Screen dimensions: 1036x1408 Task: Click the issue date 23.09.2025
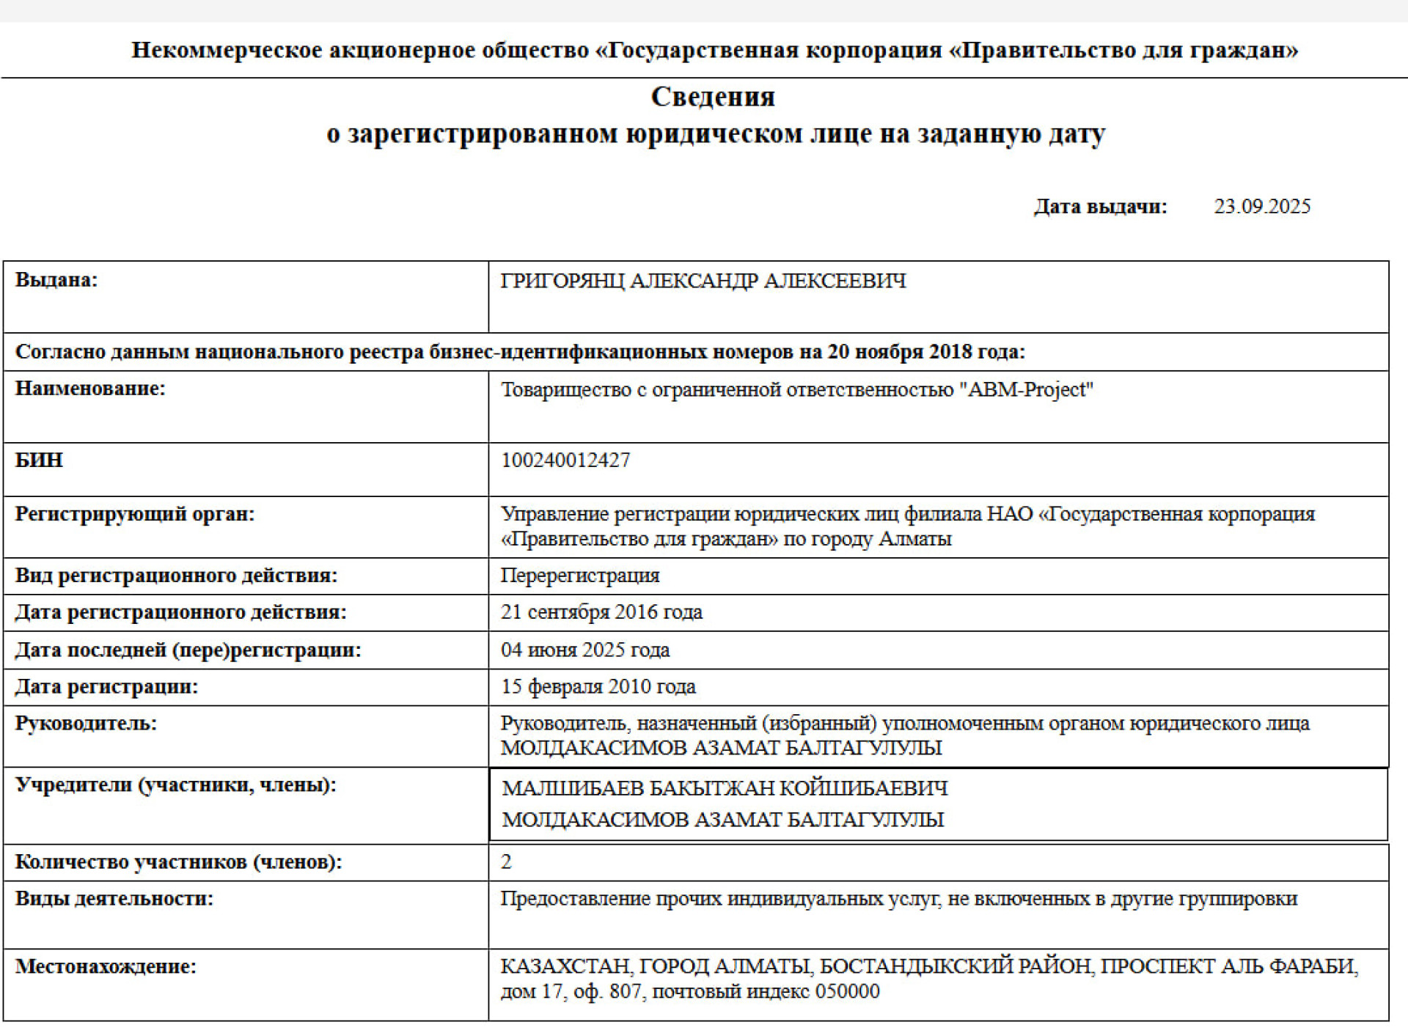pyautogui.click(x=1261, y=206)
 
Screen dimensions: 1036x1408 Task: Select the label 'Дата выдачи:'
pyautogui.click(x=1100, y=206)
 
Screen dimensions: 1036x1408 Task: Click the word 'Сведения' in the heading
pyautogui.click(x=713, y=96)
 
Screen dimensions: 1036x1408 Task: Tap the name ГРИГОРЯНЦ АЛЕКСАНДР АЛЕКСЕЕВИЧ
pyautogui.click(x=703, y=281)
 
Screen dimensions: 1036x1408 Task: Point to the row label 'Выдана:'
pyautogui.click(x=56, y=279)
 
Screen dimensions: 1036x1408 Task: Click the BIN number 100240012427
pyautogui.click(x=565, y=460)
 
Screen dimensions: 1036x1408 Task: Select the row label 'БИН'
pyautogui.click(x=39, y=460)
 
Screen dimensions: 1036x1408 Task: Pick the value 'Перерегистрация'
pyautogui.click(x=580, y=576)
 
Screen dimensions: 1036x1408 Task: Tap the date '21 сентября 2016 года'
pyautogui.click(x=601, y=612)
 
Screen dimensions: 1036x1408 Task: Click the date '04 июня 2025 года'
pyautogui.click(x=585, y=650)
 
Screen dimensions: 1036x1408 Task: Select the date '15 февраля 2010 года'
pyautogui.click(x=598, y=687)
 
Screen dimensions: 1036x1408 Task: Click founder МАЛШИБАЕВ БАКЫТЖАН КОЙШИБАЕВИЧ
pyautogui.click(x=725, y=788)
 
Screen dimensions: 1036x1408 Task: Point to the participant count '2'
pyautogui.click(x=506, y=862)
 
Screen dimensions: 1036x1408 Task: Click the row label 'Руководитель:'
pyautogui.click(x=86, y=724)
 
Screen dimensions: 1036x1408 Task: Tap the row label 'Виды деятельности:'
pyautogui.click(x=114, y=899)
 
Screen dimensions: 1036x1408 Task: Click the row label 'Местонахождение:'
pyautogui.click(x=106, y=966)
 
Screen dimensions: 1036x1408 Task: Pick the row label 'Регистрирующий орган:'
pyautogui.click(x=134, y=514)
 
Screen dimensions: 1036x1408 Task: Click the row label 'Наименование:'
pyautogui.click(x=90, y=389)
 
